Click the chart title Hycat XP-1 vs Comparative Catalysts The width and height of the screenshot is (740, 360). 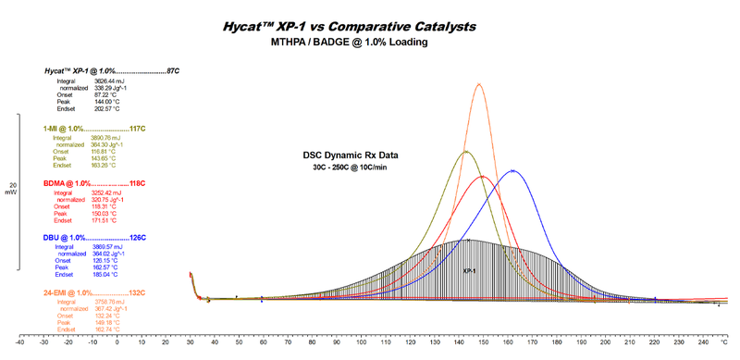click(370, 26)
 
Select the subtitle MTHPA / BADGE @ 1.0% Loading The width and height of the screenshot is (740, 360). click(370, 43)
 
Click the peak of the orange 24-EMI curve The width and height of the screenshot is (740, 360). click(479, 84)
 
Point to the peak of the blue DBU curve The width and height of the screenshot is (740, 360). click(512, 171)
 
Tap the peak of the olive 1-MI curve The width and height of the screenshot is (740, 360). click(465, 152)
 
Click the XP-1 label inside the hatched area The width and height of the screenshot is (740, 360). click(470, 271)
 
